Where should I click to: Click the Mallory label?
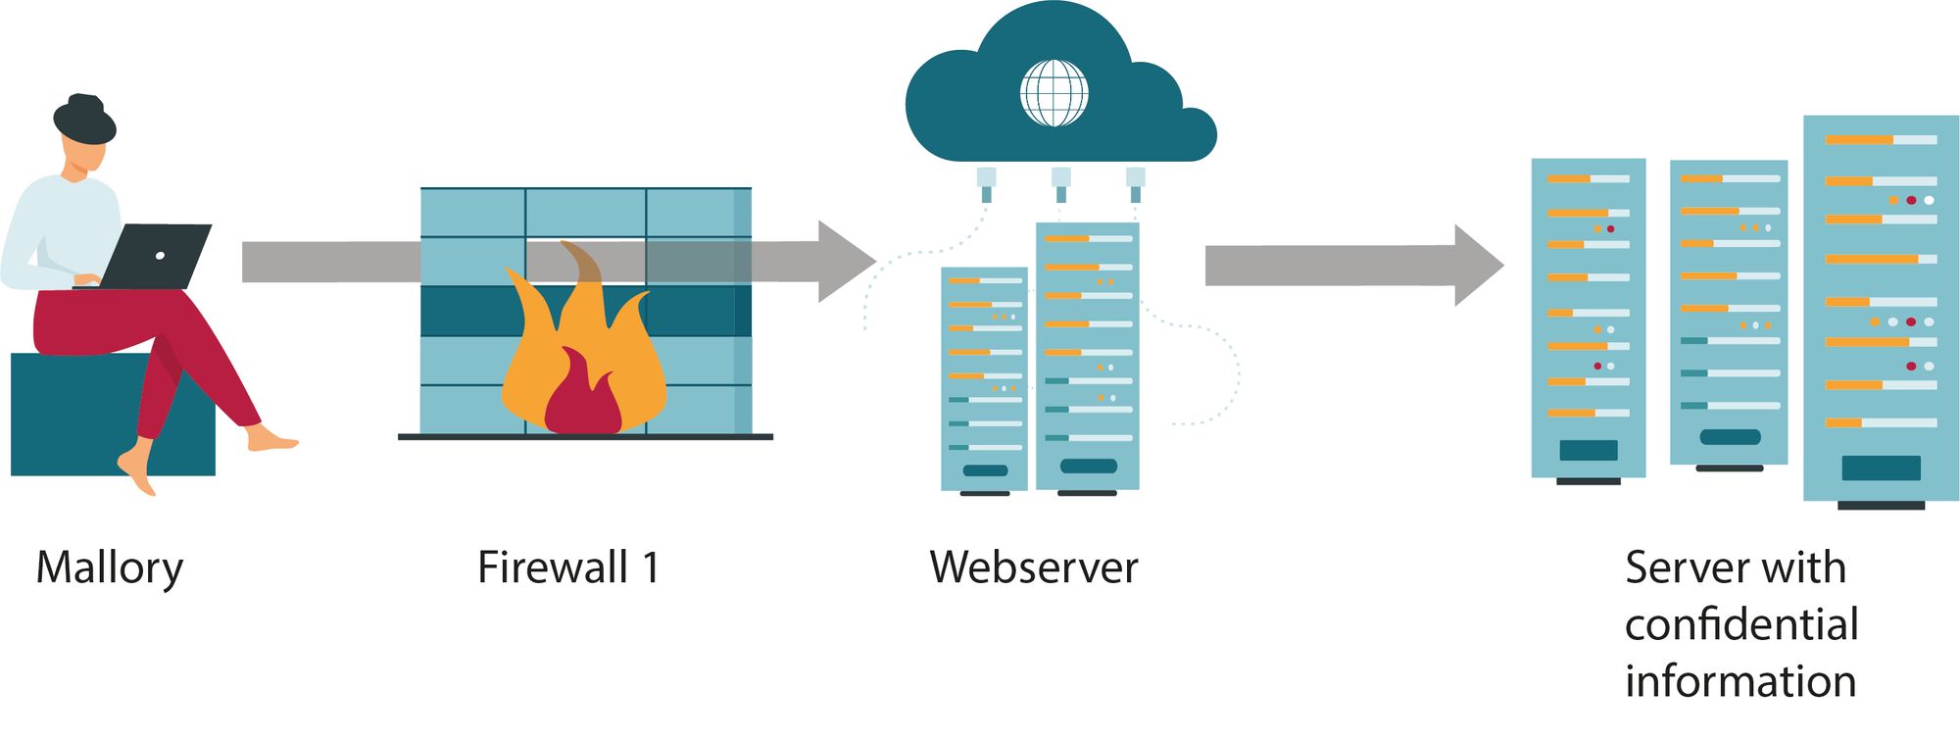pos(109,568)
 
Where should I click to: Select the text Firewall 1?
pos(568,567)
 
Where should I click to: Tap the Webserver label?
pos(1033,567)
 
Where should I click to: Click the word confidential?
pos(1741,624)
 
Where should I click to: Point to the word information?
pos(1740,681)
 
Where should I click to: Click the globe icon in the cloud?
pos(1053,94)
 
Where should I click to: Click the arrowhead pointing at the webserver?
pos(845,262)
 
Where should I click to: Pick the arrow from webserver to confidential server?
pos(1352,266)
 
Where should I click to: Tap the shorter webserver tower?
pos(984,377)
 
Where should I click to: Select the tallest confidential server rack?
pos(1880,308)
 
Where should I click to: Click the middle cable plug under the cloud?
pos(1060,182)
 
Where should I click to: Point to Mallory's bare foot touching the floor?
pos(138,470)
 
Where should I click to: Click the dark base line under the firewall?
pos(585,437)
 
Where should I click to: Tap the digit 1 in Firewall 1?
pos(651,567)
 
